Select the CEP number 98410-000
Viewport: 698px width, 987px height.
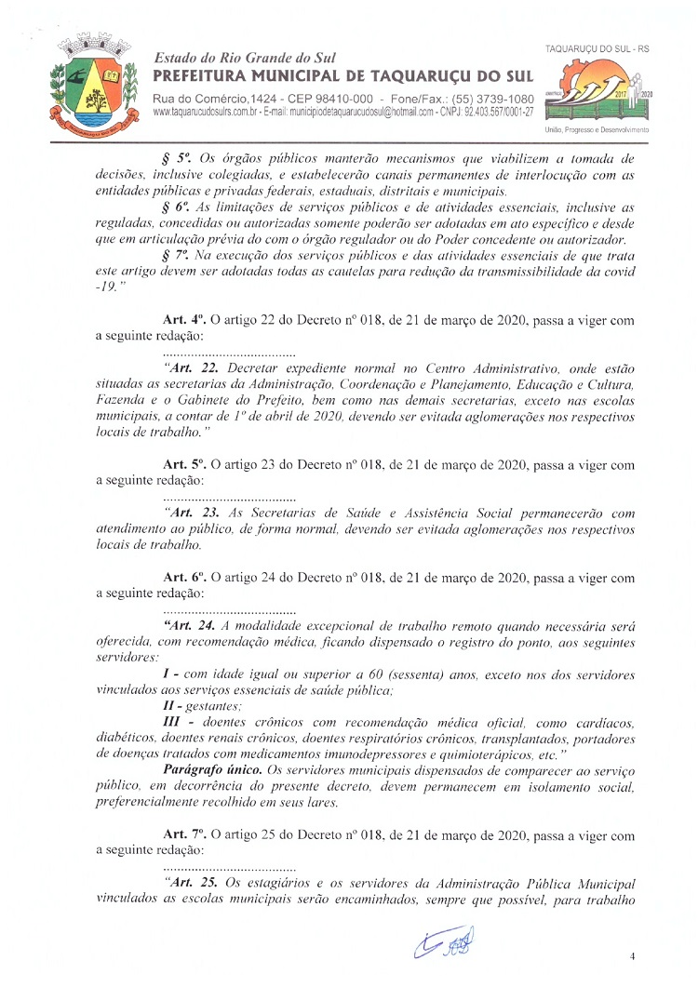click(331, 99)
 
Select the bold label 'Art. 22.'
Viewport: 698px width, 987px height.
click(192, 368)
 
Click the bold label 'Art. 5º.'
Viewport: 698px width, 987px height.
click(182, 464)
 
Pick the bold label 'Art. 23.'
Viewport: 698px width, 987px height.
click(192, 513)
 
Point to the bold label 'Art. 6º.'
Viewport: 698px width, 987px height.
click(182, 578)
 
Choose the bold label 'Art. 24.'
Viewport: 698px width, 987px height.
click(192, 626)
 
